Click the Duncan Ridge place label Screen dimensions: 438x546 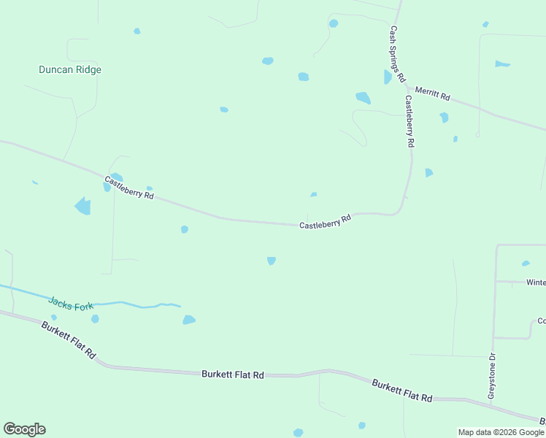[70, 70]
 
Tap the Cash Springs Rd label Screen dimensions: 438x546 [397, 54]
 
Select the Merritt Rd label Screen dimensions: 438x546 [433, 94]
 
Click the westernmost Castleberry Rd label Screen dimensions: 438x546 [129, 188]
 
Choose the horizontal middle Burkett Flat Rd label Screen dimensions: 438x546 [232, 374]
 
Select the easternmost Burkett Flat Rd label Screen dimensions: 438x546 [401, 390]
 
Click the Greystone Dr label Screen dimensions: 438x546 [492, 376]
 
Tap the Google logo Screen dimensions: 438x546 [24, 429]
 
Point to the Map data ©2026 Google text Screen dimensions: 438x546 [501, 432]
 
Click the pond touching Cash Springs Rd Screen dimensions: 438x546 [388, 77]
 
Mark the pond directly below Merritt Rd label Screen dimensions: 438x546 [444, 117]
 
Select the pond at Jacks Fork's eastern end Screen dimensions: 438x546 [189, 319]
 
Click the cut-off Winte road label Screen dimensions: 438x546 [535, 282]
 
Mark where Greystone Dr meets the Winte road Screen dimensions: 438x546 [496, 281]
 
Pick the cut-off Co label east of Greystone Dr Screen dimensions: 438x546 [541, 320]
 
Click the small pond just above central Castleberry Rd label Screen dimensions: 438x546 [313, 194]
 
